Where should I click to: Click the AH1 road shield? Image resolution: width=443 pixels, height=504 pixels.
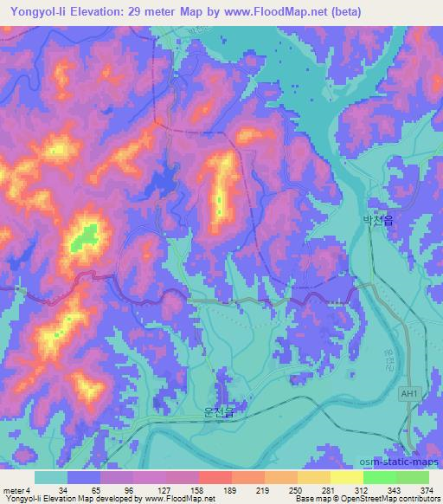click(410, 394)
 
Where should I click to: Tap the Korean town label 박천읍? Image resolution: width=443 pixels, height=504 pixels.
click(377, 222)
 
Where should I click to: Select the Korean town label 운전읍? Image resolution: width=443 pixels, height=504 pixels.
click(218, 415)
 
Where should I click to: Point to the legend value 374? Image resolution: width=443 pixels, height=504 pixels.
click(426, 490)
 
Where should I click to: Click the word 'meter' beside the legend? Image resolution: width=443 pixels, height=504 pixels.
click(12, 490)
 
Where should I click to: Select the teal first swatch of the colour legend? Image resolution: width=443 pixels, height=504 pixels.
click(51, 477)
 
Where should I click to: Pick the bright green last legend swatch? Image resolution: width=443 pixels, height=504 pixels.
click(413, 477)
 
